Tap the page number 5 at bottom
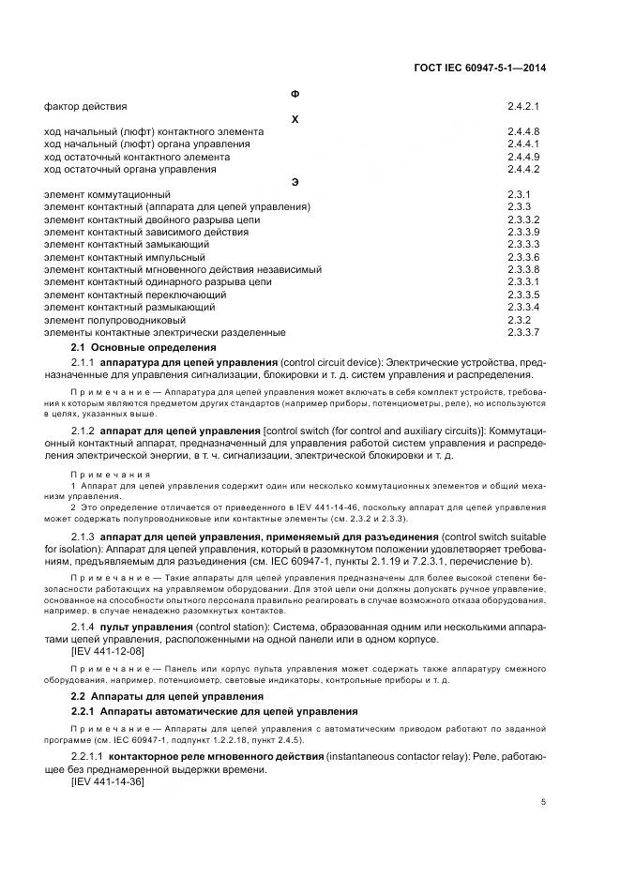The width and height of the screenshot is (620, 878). click(x=543, y=801)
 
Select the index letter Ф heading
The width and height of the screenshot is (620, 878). click(x=295, y=94)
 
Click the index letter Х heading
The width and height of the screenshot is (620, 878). click(x=295, y=119)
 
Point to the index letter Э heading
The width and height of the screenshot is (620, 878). click(x=295, y=181)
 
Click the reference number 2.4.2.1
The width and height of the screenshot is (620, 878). click(x=523, y=107)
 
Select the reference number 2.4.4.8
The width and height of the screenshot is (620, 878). click(x=523, y=132)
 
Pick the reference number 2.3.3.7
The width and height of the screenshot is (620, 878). click(x=523, y=333)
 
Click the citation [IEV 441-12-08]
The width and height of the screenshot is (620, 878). click(x=108, y=650)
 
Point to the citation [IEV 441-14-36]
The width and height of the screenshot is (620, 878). click(x=108, y=781)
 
